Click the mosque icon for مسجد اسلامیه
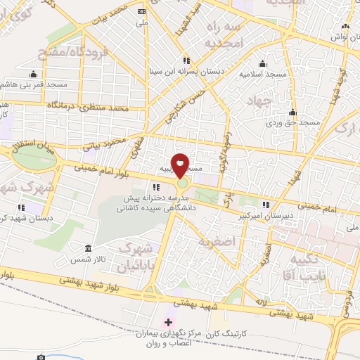[x=262, y=63]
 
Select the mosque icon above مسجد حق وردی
[x=292, y=112]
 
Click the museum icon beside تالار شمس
[x=87, y=249]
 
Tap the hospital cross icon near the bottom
[x=167, y=322]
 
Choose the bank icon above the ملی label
[x=142, y=12]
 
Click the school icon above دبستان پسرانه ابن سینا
[x=186, y=60]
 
